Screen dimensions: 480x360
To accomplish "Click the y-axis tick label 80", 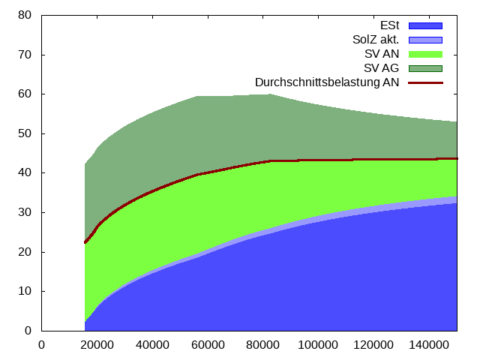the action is pos(25,15).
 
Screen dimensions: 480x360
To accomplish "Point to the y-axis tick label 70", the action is pos(25,55).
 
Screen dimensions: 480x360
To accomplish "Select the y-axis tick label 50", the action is pos(25,133).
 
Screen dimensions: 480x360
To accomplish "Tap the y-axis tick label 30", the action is pos(25,212).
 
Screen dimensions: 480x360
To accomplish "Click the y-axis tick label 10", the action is pos(25,291).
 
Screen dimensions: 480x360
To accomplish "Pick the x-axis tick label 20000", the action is pos(97,345).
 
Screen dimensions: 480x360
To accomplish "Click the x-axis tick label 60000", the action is pos(208,345).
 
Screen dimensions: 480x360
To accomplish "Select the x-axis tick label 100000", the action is pos(318,345).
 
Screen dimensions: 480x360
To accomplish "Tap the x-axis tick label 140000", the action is pos(429,345).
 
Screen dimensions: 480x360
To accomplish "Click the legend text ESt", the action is pos(390,25).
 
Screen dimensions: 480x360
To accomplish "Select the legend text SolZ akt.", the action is pos(376,40).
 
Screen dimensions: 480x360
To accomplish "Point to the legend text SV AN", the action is pos(382,54).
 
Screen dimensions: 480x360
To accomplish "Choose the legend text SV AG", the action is pos(382,68).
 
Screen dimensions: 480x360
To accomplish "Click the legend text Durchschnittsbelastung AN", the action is pos(327,82).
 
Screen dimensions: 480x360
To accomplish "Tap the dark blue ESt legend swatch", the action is pos(425,25).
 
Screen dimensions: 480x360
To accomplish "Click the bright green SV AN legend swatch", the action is pos(425,54).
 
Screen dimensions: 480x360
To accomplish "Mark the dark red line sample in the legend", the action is pos(425,82).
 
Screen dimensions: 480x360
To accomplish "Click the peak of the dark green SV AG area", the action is pos(270,94).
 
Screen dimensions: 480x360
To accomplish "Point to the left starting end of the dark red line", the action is pos(85,242).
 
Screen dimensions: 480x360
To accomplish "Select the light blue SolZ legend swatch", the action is pos(425,40).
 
